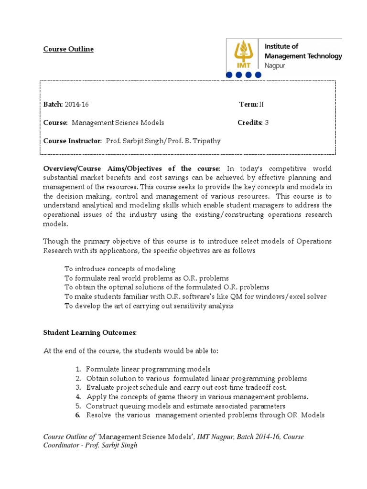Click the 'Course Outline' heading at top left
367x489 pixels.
click(x=68, y=49)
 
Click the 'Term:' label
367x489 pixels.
click(x=248, y=105)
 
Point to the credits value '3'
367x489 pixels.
click(x=267, y=123)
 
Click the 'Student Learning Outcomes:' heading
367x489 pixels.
click(x=90, y=332)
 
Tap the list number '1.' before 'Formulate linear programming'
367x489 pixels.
click(x=78, y=369)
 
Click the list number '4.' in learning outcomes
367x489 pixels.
click(x=78, y=397)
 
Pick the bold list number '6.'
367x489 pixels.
click(x=78, y=415)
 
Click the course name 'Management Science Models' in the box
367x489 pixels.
click(x=118, y=123)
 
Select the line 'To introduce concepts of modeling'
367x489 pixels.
click(x=120, y=269)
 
